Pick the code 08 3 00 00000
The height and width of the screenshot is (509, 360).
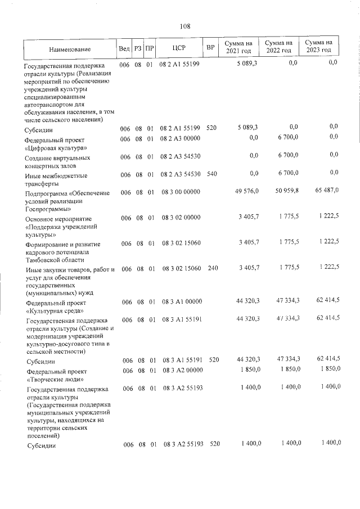(x=180, y=192)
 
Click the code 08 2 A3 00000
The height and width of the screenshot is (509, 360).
(x=180, y=137)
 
